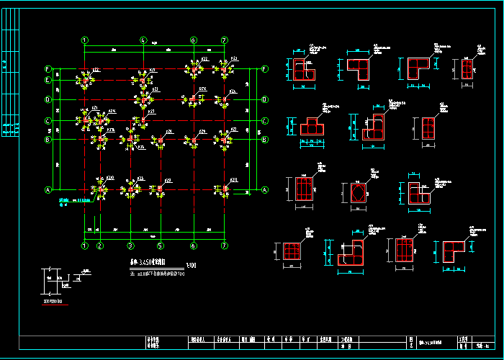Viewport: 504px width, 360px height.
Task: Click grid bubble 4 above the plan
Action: pos(143,40)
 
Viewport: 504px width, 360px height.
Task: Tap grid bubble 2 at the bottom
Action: pos(101,246)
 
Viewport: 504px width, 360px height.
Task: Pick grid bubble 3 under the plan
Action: pos(130,246)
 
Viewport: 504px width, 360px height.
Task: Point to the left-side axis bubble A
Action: pos(49,190)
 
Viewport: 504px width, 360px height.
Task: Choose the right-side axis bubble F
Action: pos(265,69)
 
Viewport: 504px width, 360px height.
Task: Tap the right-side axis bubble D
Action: pos(265,99)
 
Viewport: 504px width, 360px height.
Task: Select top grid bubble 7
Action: pos(225,40)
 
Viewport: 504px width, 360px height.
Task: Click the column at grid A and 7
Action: pos(225,189)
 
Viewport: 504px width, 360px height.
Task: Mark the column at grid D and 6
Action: pos(193,99)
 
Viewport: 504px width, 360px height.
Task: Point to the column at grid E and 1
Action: pos(85,79)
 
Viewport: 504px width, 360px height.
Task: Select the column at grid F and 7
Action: pos(225,69)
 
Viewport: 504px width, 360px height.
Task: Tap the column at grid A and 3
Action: pos(130,190)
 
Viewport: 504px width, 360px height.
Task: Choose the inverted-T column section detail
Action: pos(311,128)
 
